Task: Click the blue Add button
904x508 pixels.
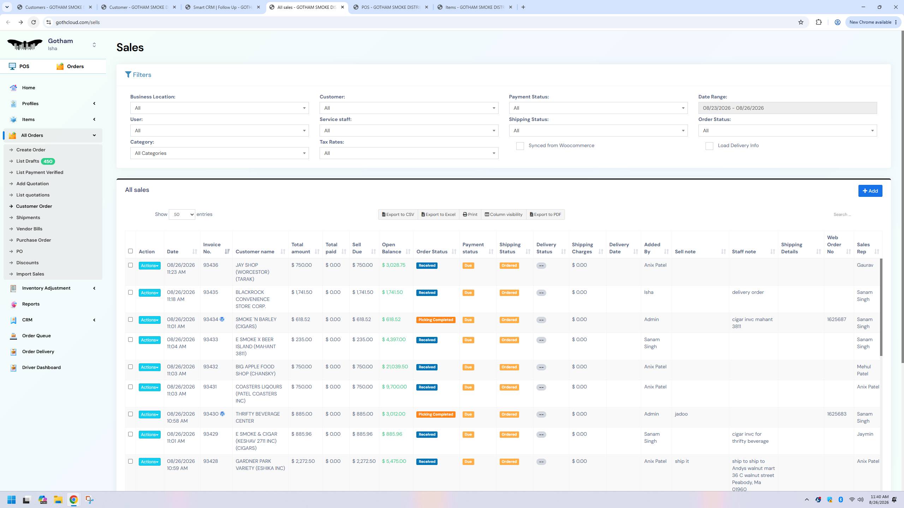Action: pyautogui.click(x=870, y=191)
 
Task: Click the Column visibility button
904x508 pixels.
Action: pyautogui.click(x=504, y=214)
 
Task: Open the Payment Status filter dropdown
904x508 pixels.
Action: pyautogui.click(x=598, y=108)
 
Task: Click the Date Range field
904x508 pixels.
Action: pyautogui.click(x=787, y=108)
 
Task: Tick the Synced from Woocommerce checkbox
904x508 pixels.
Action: pyautogui.click(x=520, y=146)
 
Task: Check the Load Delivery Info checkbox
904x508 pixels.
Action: pyautogui.click(x=709, y=146)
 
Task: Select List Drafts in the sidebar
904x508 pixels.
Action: pyautogui.click(x=28, y=161)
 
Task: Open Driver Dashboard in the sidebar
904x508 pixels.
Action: pyautogui.click(x=41, y=367)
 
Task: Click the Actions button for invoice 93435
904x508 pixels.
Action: pyautogui.click(x=149, y=293)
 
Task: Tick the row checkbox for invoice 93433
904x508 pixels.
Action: pyautogui.click(x=130, y=340)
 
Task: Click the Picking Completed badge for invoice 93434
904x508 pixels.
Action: pyautogui.click(x=436, y=320)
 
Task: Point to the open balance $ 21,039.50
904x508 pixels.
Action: pyautogui.click(x=395, y=367)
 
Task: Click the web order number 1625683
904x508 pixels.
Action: pyautogui.click(x=837, y=414)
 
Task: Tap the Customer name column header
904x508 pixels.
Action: pyautogui.click(x=255, y=252)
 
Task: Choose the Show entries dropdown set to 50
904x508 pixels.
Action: pyautogui.click(x=182, y=214)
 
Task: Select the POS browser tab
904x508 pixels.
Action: pyautogui.click(x=391, y=7)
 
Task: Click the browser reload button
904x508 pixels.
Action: pyautogui.click(x=34, y=22)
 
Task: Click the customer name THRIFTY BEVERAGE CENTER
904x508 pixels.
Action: pyautogui.click(x=258, y=418)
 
